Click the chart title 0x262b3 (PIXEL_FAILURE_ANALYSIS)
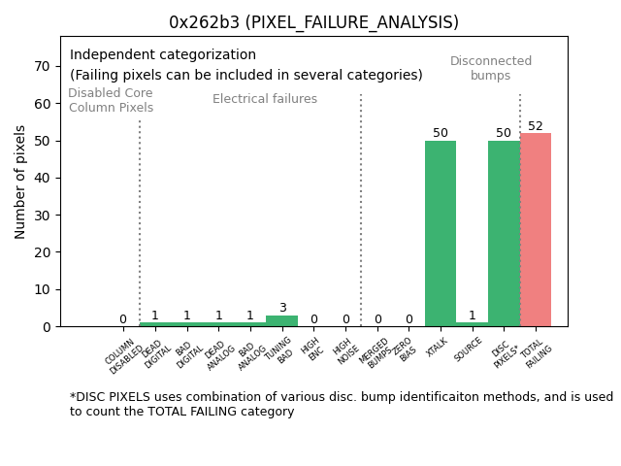pos(313,22)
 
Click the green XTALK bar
pos(441,233)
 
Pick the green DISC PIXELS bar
pos(504,233)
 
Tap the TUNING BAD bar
pos(282,320)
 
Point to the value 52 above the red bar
pos(536,126)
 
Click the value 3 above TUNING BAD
pos(282,308)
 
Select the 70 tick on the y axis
pos(42,66)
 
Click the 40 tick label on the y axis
pos(42,178)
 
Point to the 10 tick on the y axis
pos(42,289)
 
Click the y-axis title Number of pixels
pos(20,182)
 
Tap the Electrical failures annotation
pos(265,99)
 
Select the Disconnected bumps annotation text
pos(491,68)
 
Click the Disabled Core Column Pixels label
pos(111,100)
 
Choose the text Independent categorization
pos(163,55)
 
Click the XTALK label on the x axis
pos(437,347)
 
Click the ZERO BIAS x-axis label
pos(405,349)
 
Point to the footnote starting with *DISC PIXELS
pos(341,404)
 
